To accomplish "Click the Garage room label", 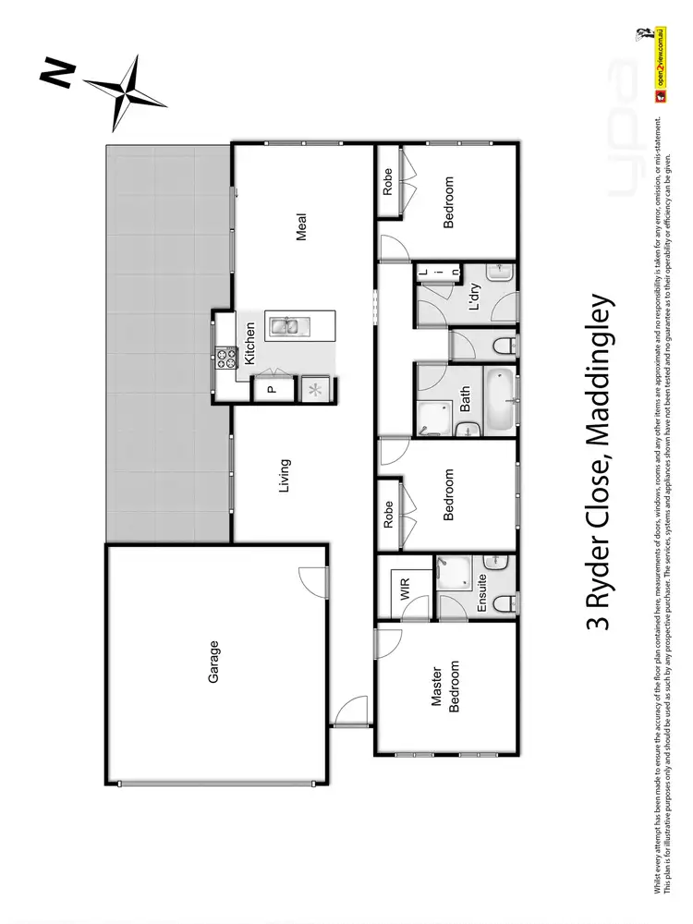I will point(213,662).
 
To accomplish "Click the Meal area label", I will point(301,227).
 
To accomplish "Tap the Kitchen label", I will point(249,341).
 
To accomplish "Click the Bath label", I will point(466,399).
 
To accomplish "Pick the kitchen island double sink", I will point(284,326).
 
